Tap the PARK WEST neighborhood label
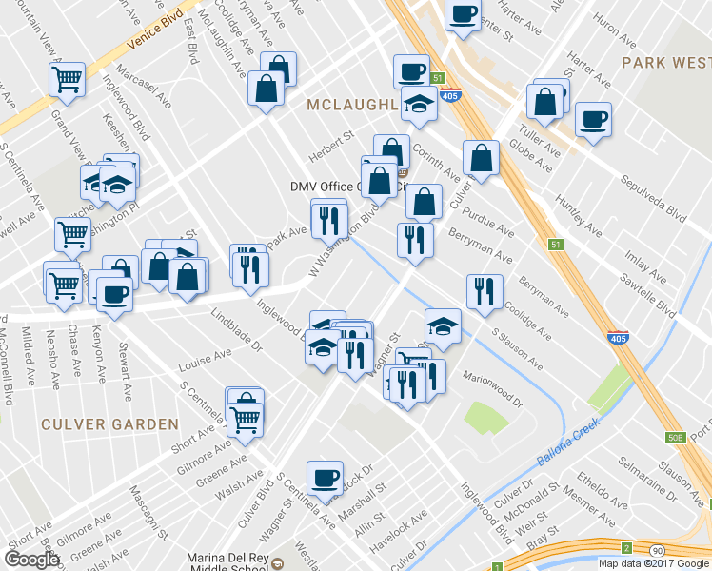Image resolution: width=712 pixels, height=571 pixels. click(x=665, y=62)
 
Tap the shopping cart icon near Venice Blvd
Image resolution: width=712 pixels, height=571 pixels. click(x=67, y=79)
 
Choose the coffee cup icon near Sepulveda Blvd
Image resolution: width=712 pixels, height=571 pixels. click(x=593, y=120)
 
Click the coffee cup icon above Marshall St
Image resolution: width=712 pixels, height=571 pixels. click(x=325, y=478)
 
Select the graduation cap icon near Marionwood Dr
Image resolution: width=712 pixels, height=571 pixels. click(x=443, y=325)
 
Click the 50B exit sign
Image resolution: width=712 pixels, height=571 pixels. click(x=676, y=437)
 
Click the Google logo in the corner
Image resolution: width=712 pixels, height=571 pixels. click(x=31, y=560)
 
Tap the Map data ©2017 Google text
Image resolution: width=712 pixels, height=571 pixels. click(x=653, y=563)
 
